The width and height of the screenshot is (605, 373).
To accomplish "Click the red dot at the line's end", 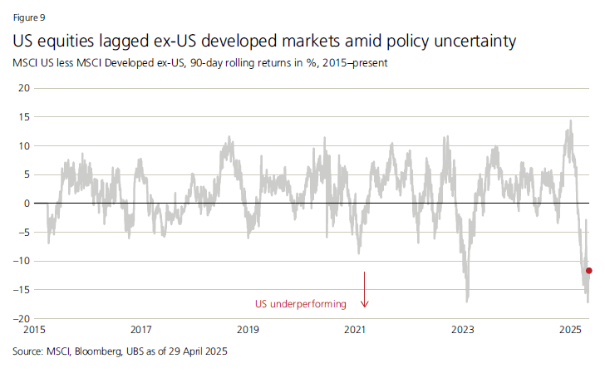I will [589, 271].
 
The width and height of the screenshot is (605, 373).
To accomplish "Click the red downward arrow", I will [364, 290].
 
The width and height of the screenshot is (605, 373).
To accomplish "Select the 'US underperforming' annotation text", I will [300, 305].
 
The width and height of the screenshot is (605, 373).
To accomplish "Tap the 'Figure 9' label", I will [29, 17].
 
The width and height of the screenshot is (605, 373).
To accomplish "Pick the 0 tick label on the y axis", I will [27, 204].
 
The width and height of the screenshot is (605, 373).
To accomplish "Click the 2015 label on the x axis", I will [34, 330].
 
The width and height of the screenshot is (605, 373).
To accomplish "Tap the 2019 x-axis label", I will [248, 330].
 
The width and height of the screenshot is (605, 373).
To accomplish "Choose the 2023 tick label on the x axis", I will [463, 330].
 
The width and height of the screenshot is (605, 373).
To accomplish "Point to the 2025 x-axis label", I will [570, 330].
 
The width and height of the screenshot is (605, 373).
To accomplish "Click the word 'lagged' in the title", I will [128, 40].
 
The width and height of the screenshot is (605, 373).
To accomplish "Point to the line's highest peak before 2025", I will [570, 121].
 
